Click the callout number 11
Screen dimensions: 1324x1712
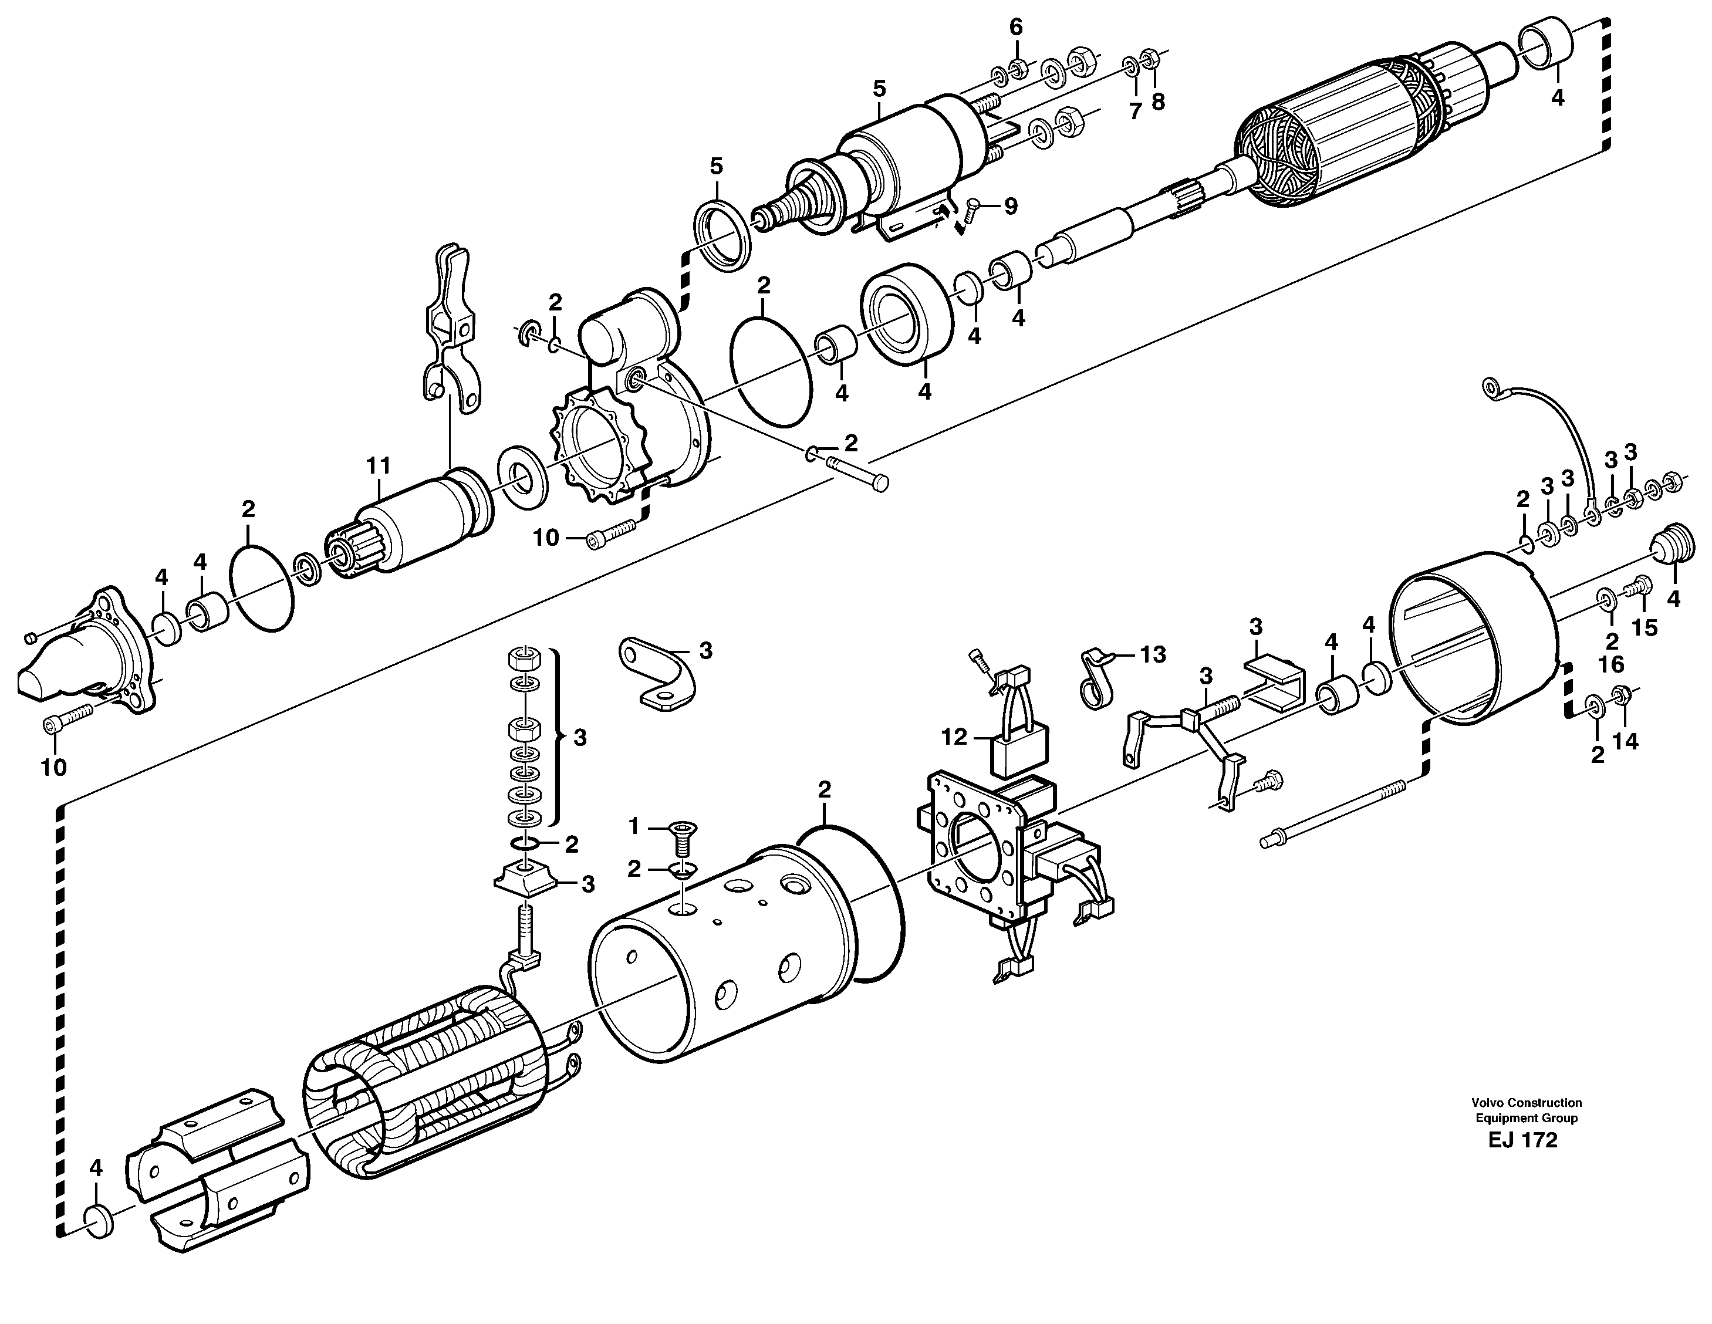tap(378, 465)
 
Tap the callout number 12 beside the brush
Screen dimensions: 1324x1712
tap(955, 737)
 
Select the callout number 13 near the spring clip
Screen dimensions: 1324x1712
tap(1153, 654)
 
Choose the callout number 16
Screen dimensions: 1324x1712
tap(1612, 664)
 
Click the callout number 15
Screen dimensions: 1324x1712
tap(1645, 628)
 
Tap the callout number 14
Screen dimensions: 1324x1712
tap(1626, 741)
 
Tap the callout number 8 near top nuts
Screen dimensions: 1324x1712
tap(1158, 101)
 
